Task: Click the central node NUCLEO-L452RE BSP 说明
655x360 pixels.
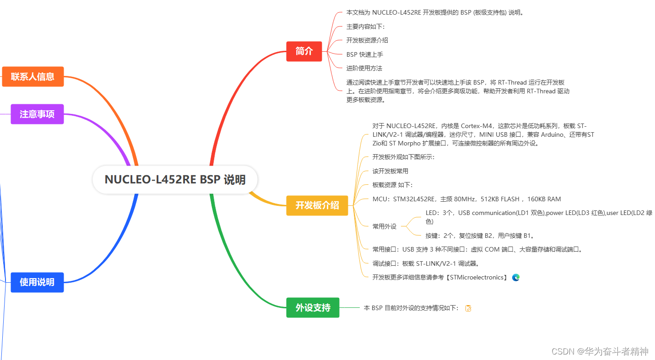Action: click(x=175, y=179)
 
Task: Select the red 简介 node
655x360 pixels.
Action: click(x=304, y=51)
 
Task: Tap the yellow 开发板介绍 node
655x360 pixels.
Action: click(x=317, y=205)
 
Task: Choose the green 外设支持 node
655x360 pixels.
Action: click(x=313, y=307)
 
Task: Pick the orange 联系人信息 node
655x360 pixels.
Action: click(x=33, y=76)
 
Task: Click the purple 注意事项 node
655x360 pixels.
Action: click(x=37, y=114)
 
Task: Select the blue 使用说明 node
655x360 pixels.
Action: click(x=37, y=282)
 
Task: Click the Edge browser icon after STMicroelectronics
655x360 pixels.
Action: click(x=516, y=277)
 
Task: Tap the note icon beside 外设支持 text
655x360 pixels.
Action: click(x=468, y=308)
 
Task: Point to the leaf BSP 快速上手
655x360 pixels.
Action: click(x=364, y=54)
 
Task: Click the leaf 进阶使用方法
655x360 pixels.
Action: click(x=364, y=68)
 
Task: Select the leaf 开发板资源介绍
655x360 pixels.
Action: click(x=367, y=40)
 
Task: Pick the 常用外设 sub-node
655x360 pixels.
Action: click(x=384, y=226)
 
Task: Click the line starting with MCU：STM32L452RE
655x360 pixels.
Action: click(x=466, y=199)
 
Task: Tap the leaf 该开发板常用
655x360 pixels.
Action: click(x=390, y=171)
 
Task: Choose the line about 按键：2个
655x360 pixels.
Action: click(x=480, y=236)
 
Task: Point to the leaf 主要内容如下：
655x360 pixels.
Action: click(x=365, y=27)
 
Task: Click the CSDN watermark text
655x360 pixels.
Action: click(x=600, y=351)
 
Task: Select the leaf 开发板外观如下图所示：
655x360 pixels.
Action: click(x=403, y=157)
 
